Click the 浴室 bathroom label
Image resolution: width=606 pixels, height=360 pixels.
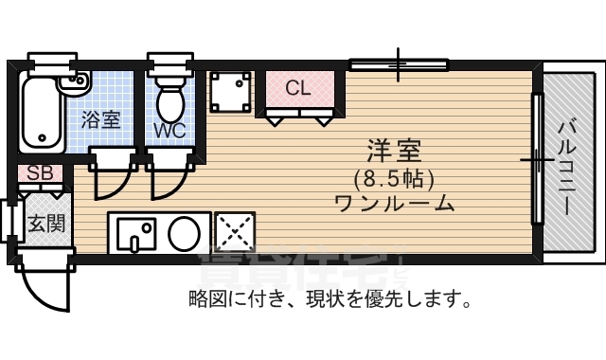click(100, 120)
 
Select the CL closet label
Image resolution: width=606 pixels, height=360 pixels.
click(298, 89)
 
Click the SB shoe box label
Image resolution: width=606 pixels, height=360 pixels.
click(40, 173)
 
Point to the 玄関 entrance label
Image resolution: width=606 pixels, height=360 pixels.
click(45, 224)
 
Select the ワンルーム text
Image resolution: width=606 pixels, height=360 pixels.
click(394, 202)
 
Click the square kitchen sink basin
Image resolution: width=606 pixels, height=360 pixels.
click(134, 232)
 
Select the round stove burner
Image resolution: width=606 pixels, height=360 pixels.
click(184, 232)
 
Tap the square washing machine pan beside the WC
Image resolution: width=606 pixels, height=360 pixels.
click(229, 93)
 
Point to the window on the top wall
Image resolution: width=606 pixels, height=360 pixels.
click(398, 65)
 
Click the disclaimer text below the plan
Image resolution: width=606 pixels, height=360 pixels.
click(330, 300)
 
